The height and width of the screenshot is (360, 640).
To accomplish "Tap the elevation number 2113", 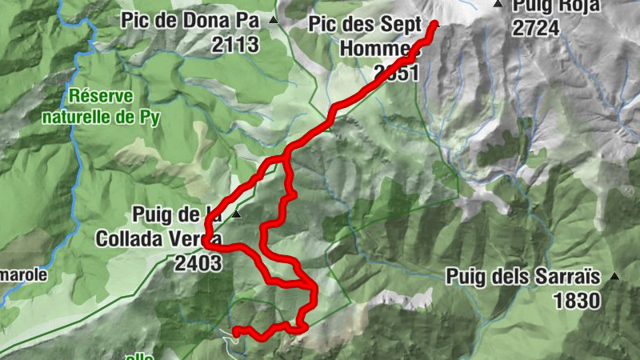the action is tap(236, 44).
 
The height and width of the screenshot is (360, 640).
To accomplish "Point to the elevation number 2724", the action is tap(536, 27).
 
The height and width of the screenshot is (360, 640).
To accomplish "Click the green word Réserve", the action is tap(100, 96).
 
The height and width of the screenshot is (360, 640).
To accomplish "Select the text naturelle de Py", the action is tap(102, 116).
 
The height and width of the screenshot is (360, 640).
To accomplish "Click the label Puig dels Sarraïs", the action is tap(523, 278).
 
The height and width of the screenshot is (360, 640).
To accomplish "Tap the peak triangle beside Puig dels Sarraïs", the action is tap(614, 277).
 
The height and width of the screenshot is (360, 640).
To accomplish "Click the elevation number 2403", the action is tap(197, 262).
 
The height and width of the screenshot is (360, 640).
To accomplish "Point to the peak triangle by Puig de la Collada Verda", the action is tap(235, 215).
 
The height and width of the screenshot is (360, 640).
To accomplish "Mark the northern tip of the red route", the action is tap(434, 25).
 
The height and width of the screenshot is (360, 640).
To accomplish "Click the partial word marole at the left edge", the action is tap(23, 274).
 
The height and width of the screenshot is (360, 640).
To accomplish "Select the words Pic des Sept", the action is tap(363, 25).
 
